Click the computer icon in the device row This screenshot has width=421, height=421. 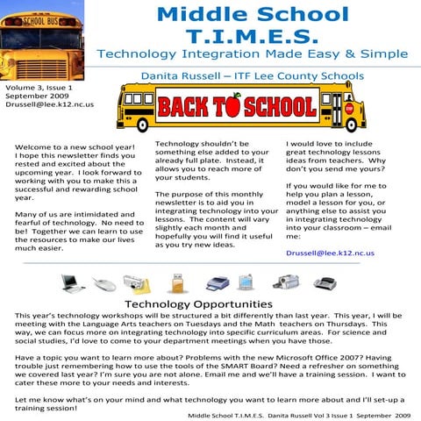tap(74, 282)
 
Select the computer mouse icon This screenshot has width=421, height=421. tap(104, 283)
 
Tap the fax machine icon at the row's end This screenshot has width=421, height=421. tap(326, 282)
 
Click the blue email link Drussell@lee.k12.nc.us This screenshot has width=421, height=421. tap(330, 252)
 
